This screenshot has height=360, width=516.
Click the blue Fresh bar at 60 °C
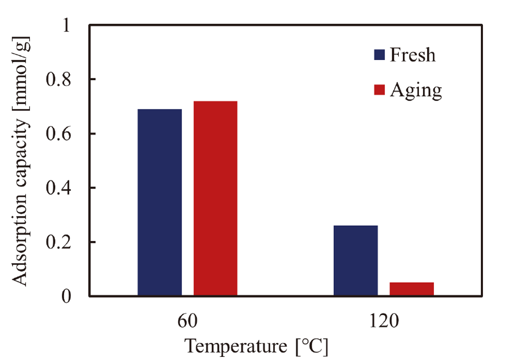(x=159, y=202)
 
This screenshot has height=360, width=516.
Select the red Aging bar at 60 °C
(x=215, y=198)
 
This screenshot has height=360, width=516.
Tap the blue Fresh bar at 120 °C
(x=356, y=261)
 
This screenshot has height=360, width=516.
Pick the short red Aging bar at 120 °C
(x=411, y=289)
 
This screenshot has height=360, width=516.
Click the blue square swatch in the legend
(x=379, y=55)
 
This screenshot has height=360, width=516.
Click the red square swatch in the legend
(x=379, y=90)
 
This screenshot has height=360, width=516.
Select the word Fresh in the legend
(x=413, y=55)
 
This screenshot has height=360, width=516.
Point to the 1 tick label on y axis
(x=65, y=25)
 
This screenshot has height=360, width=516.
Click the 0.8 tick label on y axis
(x=58, y=80)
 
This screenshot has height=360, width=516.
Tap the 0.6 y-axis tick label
(x=58, y=134)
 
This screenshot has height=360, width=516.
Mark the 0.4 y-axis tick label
(x=58, y=188)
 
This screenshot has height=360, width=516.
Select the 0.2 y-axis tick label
(x=58, y=242)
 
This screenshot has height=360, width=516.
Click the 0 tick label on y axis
(x=65, y=296)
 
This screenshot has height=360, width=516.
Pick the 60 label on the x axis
(x=187, y=321)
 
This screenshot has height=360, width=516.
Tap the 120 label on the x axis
(x=383, y=321)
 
